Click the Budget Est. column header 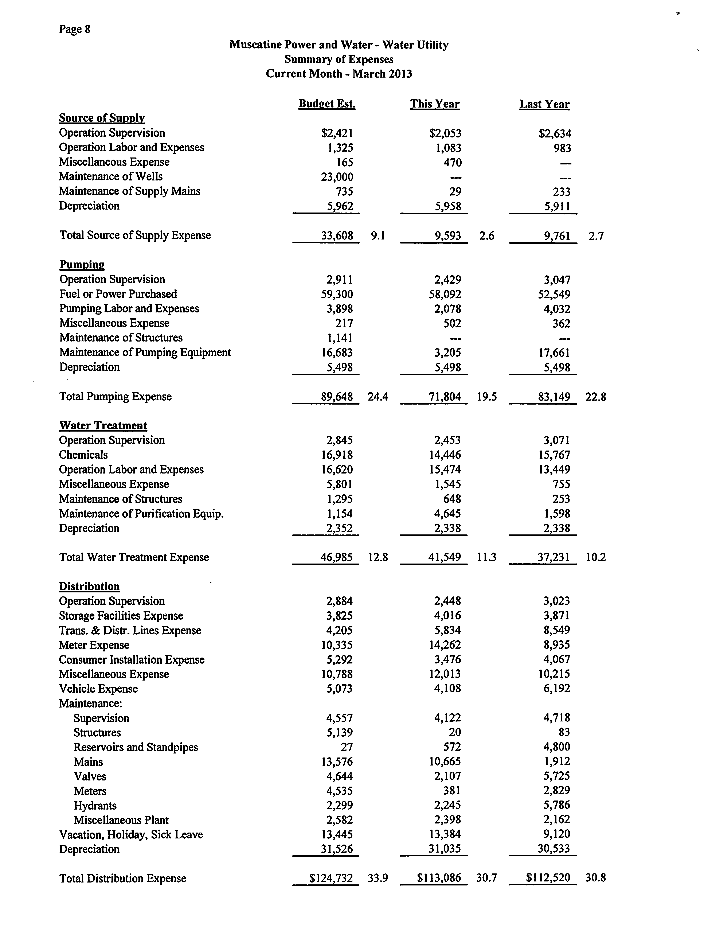click(327, 104)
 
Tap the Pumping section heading click(82, 265)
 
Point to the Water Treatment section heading click(103, 425)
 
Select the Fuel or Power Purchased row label click(118, 294)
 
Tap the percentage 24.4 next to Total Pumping click(378, 397)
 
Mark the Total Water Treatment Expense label click(134, 557)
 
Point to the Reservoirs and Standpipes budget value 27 click(346, 747)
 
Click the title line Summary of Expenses click(339, 59)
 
